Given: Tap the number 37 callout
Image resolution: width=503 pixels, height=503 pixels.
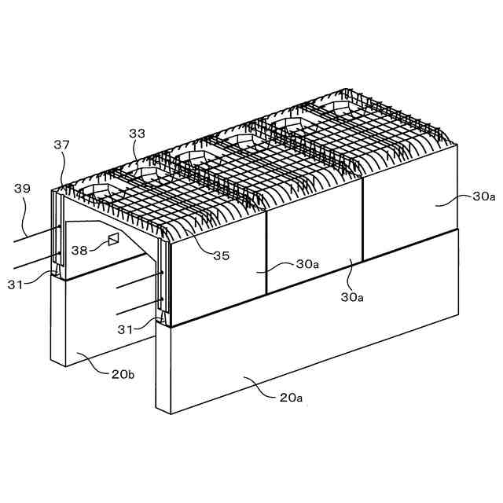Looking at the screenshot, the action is (62, 145).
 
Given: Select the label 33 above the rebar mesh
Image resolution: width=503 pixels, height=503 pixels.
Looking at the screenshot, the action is (137, 134).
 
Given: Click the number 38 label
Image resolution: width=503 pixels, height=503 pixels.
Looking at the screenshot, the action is (79, 251).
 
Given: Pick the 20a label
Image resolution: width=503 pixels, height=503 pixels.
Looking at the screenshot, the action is (292, 398).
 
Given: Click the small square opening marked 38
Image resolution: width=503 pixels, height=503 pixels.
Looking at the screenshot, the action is (112, 238).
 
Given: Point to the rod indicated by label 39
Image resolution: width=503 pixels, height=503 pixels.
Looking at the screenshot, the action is (39, 233).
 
